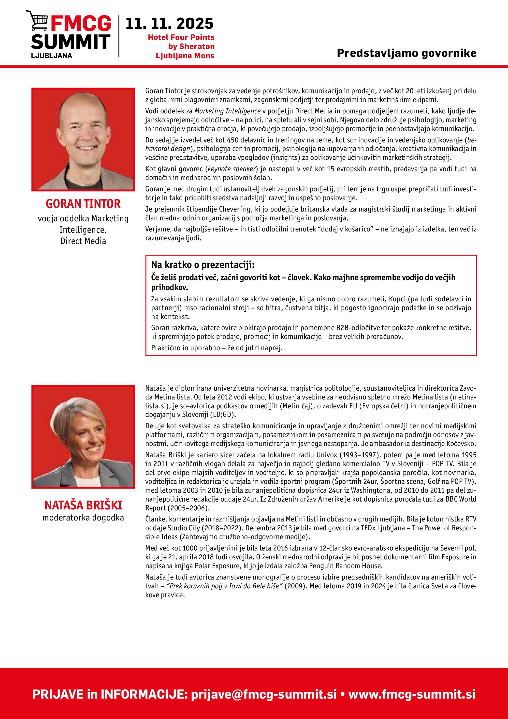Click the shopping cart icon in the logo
click(37, 20)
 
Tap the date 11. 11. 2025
click(169, 24)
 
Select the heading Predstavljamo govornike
click(406, 53)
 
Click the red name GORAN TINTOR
click(83, 204)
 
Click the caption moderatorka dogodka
click(83, 518)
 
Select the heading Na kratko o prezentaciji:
click(203, 265)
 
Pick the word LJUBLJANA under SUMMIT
click(52, 56)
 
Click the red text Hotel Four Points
click(181, 37)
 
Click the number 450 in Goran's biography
click(233, 140)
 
